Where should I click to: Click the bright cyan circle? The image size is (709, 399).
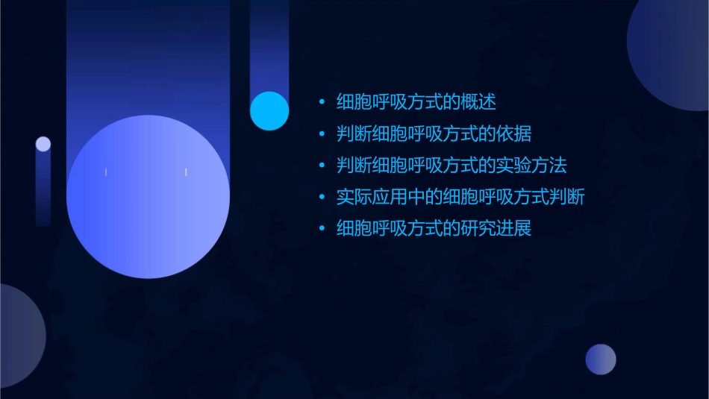tap(269, 110)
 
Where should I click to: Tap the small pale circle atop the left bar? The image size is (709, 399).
tap(43, 144)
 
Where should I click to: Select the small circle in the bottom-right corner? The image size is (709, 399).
tap(601, 359)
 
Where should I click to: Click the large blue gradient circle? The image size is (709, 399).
tap(148, 197)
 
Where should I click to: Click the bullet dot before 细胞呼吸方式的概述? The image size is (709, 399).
tap(322, 103)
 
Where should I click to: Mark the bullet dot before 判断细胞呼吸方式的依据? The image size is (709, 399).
tap(322, 135)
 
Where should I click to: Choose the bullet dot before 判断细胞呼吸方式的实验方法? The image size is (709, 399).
tap(322, 166)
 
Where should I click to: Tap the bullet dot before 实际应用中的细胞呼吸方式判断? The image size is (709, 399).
tap(322, 198)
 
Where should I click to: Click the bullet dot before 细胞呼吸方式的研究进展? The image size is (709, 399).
tap(322, 229)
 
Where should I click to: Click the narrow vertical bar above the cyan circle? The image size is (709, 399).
tap(269, 45)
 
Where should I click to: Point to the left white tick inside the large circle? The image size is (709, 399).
tap(106, 172)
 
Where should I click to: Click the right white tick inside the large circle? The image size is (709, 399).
tap(186, 172)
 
